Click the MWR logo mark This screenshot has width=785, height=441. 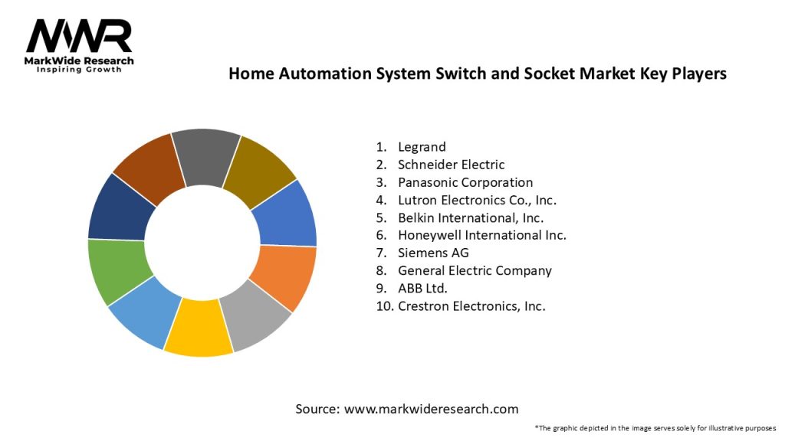(x=79, y=36)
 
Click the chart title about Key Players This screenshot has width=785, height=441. (x=477, y=74)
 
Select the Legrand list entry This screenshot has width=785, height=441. (x=422, y=146)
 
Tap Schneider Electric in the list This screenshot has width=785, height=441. (x=451, y=165)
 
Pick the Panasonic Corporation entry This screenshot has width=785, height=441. (x=465, y=182)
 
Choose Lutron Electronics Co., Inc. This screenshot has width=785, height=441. (x=477, y=201)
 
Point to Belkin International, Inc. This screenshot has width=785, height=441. (x=471, y=217)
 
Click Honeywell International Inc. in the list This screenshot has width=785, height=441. (x=482, y=235)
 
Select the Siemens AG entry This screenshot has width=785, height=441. (x=433, y=253)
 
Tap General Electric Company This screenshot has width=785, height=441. (x=475, y=270)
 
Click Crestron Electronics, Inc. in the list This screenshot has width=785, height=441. (x=471, y=306)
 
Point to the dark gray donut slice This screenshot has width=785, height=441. (x=205, y=157)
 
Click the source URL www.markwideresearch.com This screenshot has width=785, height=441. (x=431, y=409)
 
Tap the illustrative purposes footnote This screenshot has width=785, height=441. (x=655, y=427)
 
